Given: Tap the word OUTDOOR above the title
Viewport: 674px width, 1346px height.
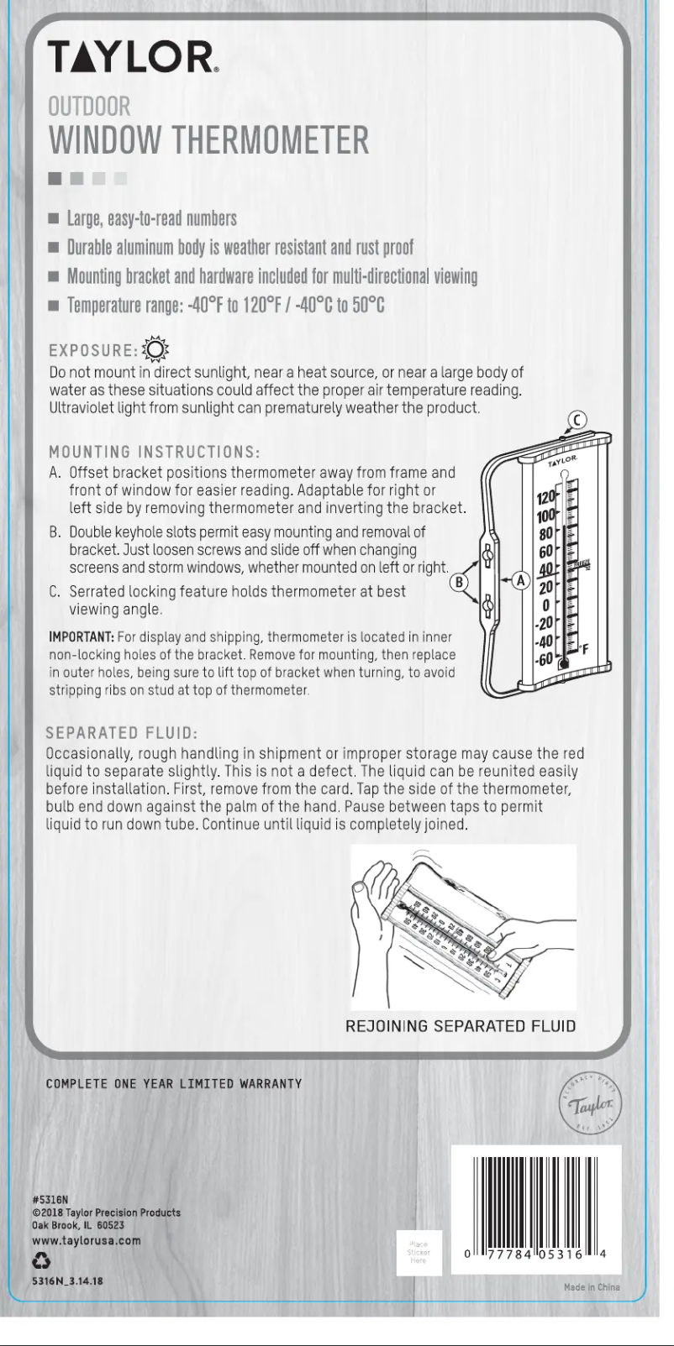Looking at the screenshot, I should pyautogui.click(x=89, y=107).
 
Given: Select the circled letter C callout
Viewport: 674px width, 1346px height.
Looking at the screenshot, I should pyautogui.click(x=577, y=421).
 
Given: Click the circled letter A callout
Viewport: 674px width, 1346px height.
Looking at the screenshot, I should pyautogui.click(x=521, y=580).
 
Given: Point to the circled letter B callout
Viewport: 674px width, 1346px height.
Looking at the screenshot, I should pyautogui.click(x=460, y=582).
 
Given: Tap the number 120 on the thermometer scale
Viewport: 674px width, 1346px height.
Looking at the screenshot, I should pyautogui.click(x=546, y=498).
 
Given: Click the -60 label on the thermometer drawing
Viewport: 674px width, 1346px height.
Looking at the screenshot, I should pyautogui.click(x=545, y=659).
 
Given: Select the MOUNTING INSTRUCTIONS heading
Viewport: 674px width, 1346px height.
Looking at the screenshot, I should pyautogui.click(x=155, y=453).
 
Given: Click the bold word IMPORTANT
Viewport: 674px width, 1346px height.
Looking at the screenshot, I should pyautogui.click(x=81, y=636).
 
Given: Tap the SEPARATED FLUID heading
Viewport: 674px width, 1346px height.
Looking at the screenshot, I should pyautogui.click(x=121, y=733).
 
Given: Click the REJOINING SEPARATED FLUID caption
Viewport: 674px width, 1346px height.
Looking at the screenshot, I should pyautogui.click(x=461, y=1026).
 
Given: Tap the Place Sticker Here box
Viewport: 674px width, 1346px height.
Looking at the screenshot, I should pyautogui.click(x=419, y=1253).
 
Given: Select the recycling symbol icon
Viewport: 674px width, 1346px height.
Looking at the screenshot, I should pyautogui.click(x=41, y=1260).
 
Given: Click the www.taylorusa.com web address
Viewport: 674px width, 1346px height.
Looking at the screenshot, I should pyautogui.click(x=86, y=1240).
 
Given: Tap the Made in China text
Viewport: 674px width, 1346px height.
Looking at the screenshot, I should pyautogui.click(x=592, y=1287).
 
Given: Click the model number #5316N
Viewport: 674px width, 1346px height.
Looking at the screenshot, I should pyautogui.click(x=50, y=1200).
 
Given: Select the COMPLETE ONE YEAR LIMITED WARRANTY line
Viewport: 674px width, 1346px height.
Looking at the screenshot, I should pyautogui.click(x=173, y=1084).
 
